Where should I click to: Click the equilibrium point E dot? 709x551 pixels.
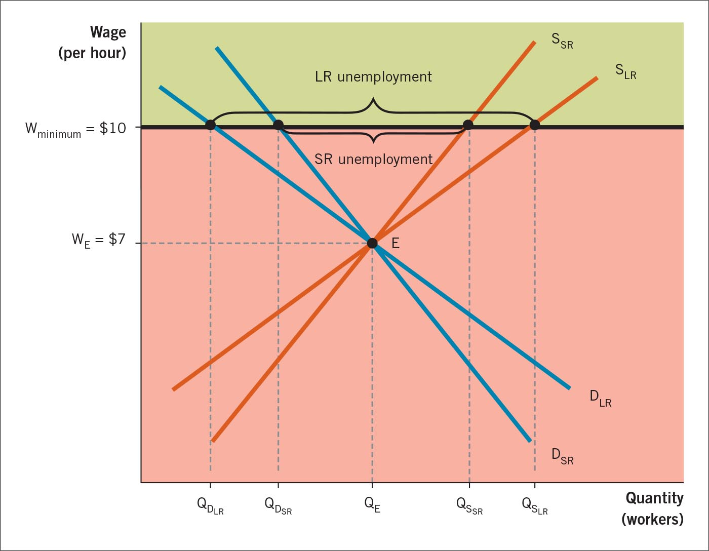point(372,243)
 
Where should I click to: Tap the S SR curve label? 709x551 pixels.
point(562,41)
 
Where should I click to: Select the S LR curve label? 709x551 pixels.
point(625,71)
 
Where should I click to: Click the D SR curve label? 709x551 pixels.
point(562,456)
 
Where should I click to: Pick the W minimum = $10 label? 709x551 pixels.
point(76,129)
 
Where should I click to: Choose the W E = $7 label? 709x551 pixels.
point(98,240)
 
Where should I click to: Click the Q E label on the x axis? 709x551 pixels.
point(372,505)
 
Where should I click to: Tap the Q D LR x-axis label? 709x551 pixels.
point(210,506)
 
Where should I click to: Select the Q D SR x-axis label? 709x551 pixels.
point(278,506)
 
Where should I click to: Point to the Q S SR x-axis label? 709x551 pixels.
point(469,506)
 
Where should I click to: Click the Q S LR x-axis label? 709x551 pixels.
point(535,506)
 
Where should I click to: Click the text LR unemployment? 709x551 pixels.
point(373,77)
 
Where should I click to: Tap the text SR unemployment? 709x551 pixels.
point(373,159)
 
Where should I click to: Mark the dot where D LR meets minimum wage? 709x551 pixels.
point(211,125)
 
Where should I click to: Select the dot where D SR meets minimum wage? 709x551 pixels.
point(278,125)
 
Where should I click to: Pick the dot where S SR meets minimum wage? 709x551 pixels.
point(468,125)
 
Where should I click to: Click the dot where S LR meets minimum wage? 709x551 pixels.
point(534,125)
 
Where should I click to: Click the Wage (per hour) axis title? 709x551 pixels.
point(93,43)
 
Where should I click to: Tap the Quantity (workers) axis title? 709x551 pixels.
point(653,508)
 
